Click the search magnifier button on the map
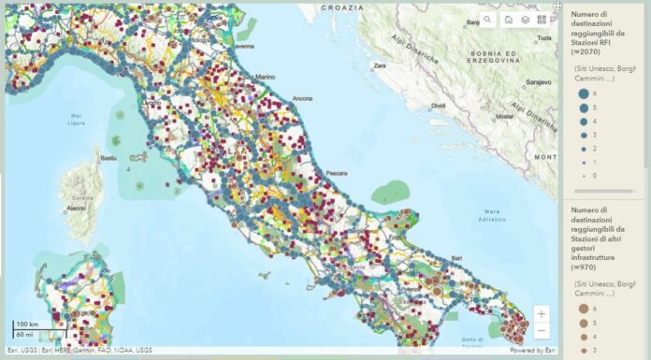[x=487, y=19]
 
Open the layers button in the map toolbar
[x=526, y=19]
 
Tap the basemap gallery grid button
[x=542, y=19]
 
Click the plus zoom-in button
[x=542, y=313]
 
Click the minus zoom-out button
[x=542, y=330]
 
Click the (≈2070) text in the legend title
[x=586, y=52]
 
